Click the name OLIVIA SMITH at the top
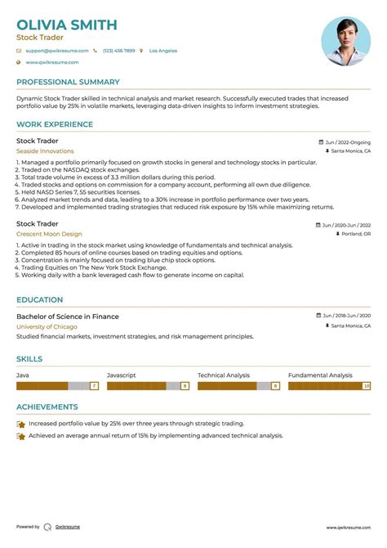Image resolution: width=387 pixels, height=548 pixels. point(67,25)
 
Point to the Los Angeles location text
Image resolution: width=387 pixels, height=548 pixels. point(162,51)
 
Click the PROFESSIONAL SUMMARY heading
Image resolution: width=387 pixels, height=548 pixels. point(68,82)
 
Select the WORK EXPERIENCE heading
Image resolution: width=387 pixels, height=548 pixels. point(55,124)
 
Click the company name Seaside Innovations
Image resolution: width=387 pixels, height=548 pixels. point(45,151)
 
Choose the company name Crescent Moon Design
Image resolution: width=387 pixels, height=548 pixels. point(49,234)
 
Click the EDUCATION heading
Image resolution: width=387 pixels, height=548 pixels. point(41,299)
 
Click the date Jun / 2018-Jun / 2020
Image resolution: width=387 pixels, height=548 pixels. point(346,316)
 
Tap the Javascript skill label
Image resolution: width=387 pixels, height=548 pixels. point(122,375)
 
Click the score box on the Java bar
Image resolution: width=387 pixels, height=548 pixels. point(94,385)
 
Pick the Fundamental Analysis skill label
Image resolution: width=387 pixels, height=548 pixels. point(320,375)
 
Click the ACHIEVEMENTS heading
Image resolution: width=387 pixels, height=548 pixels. point(47,407)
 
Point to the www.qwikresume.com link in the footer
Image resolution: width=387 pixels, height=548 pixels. point(349,528)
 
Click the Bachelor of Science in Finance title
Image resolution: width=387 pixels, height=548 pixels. point(67,317)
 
